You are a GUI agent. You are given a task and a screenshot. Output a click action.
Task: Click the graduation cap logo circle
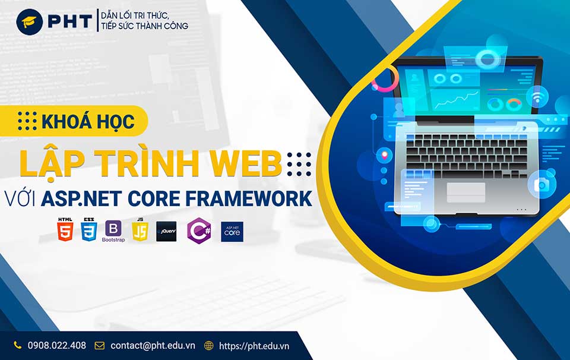[x=30, y=22]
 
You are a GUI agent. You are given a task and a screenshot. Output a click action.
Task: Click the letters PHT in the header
[x=70, y=22]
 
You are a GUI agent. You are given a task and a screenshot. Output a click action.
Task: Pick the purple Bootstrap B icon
[x=113, y=228]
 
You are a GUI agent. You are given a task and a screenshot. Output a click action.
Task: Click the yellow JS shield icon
[x=140, y=229]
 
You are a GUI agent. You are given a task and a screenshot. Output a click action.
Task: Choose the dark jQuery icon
[x=166, y=232]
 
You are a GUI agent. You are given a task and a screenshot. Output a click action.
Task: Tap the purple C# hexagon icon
[x=199, y=231]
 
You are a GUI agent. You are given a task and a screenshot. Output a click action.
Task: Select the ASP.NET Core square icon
[x=232, y=232]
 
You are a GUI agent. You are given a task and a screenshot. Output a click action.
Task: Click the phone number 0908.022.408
[x=57, y=346]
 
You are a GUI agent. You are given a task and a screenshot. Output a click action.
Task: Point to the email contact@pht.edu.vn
[x=153, y=346]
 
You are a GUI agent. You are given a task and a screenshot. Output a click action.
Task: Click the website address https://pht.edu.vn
[x=254, y=346]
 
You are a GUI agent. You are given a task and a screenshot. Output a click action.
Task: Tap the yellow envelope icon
[x=99, y=346]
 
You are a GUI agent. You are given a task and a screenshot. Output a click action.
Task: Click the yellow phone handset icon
[x=17, y=345]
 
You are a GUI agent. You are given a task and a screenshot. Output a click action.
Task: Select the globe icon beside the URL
[x=208, y=346]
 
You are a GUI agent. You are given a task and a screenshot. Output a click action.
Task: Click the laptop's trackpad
[x=465, y=192]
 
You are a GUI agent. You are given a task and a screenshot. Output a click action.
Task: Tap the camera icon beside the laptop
[x=541, y=185]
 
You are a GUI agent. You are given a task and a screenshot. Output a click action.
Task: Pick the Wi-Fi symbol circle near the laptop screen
[x=537, y=97]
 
